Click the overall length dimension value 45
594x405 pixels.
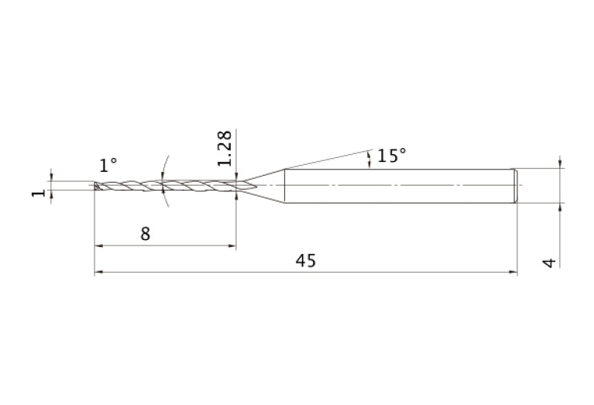tap(305, 261)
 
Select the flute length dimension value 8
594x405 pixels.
tap(146, 234)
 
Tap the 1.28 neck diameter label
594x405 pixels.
tap(225, 148)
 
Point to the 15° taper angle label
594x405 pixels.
tap(392, 156)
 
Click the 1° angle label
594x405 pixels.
tap(108, 165)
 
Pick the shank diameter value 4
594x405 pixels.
tap(549, 263)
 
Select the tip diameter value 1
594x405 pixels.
tap(38, 194)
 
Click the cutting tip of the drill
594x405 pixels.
tap(96, 186)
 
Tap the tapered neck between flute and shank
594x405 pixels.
tap(264, 185)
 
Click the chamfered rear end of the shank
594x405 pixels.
tap(515, 186)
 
